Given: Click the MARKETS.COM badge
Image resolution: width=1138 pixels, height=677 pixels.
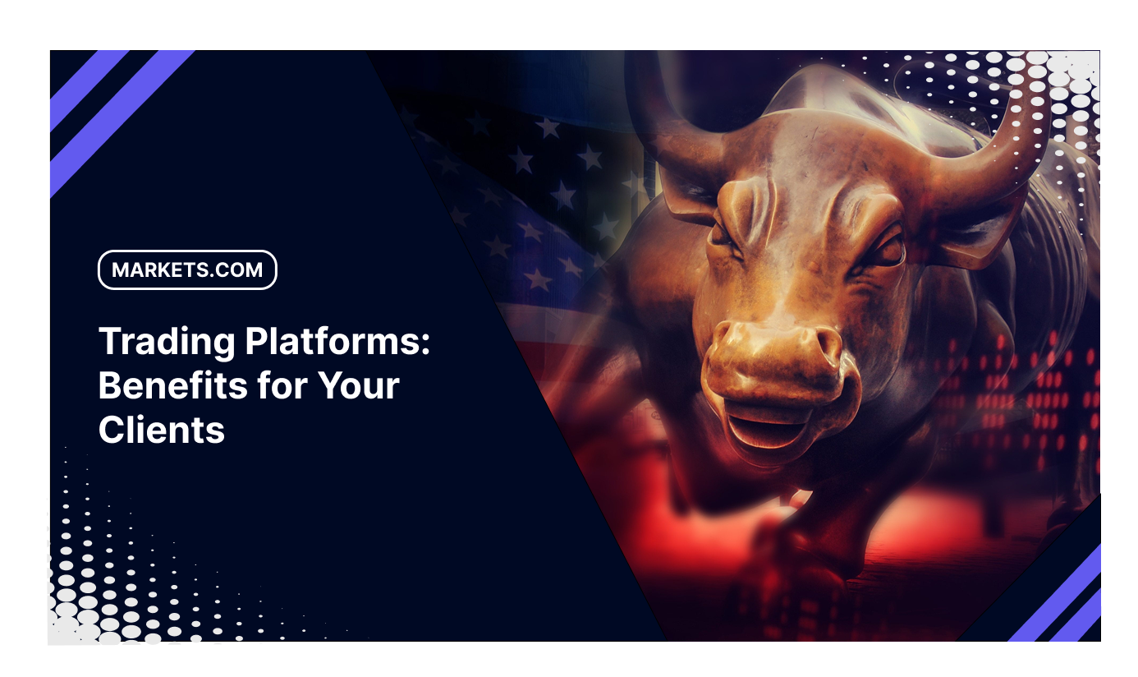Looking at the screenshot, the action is (x=187, y=269).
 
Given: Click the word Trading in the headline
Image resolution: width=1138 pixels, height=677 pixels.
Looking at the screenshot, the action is (x=167, y=343).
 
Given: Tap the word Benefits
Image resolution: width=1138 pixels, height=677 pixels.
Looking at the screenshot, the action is (x=173, y=385).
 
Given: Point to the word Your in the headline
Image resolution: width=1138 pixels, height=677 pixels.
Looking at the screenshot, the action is (x=358, y=385).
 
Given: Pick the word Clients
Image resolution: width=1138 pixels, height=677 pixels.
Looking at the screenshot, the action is (x=162, y=430).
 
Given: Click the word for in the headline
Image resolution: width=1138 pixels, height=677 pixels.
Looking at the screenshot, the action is (x=282, y=385).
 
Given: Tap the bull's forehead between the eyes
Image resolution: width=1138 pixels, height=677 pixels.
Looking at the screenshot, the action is (x=803, y=214).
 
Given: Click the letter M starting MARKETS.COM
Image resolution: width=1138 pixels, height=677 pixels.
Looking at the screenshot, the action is (x=122, y=269).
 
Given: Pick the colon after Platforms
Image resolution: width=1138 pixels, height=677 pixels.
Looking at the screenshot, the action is (x=425, y=344).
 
